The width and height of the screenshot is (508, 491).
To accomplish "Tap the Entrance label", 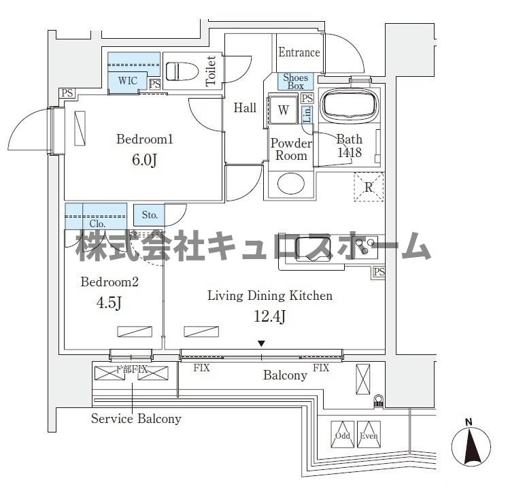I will click(299, 52).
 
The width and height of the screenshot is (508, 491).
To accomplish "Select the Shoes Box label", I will click(295, 82).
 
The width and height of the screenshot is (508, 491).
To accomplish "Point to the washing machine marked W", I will click(284, 110).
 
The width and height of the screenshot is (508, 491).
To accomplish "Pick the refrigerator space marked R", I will click(368, 187).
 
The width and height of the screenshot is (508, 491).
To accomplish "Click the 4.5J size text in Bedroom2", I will click(110, 303).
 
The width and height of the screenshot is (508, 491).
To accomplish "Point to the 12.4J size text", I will click(269, 316).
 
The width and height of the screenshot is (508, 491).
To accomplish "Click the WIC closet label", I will click(128, 81).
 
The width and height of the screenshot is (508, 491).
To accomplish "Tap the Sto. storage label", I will click(150, 216).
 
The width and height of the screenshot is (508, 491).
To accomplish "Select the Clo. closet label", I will click(97, 222).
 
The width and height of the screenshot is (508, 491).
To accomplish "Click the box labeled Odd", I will click(342, 435).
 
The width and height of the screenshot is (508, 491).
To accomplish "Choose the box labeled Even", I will click(368, 435).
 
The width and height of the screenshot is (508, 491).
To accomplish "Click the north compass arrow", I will click(471, 447).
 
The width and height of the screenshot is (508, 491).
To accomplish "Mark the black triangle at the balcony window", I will click(261, 343).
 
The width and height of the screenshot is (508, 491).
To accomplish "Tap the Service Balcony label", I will click(136, 419).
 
